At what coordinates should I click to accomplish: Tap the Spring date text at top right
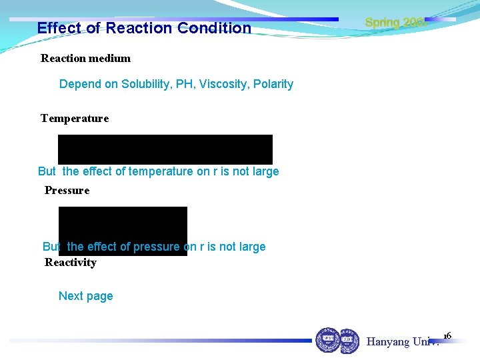(395, 23)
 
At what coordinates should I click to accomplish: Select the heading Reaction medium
(85, 58)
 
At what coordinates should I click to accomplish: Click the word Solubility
(146, 84)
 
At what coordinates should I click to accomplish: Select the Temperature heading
(75, 119)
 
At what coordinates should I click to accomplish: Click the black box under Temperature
(165, 149)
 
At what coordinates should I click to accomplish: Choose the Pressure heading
(67, 191)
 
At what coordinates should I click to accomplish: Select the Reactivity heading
(71, 263)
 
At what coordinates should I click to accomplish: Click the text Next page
(86, 296)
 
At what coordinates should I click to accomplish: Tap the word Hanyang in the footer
(388, 342)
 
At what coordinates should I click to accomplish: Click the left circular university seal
(327, 340)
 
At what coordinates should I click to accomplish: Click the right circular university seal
(349, 341)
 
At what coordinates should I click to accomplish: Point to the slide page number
(447, 335)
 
